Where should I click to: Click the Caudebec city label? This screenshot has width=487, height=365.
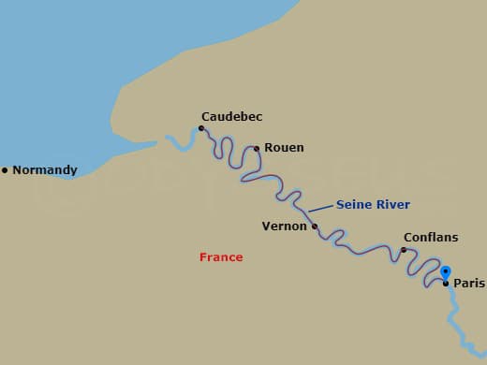(x=231, y=117)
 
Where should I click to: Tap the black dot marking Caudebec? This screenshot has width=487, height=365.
(x=201, y=129)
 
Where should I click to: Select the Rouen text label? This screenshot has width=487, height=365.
(x=284, y=148)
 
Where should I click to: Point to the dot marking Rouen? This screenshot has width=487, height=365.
(x=257, y=148)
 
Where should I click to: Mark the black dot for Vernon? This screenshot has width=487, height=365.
(x=315, y=226)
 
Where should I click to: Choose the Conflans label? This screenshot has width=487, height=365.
(x=430, y=238)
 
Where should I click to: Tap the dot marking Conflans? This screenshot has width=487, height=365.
(x=404, y=250)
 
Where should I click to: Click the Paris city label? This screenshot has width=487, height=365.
(x=468, y=283)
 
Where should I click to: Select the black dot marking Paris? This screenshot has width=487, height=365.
(x=446, y=283)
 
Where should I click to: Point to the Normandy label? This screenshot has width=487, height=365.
(x=44, y=170)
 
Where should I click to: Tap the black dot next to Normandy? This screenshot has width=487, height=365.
(x=5, y=170)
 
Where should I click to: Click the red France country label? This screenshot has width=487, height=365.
(x=221, y=257)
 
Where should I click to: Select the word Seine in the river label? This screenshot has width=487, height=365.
(x=354, y=204)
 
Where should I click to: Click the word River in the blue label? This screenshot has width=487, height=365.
(x=393, y=204)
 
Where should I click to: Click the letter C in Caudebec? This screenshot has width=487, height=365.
(x=205, y=117)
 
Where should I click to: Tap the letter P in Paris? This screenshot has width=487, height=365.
(x=457, y=283)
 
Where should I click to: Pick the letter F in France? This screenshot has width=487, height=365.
(x=203, y=257)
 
